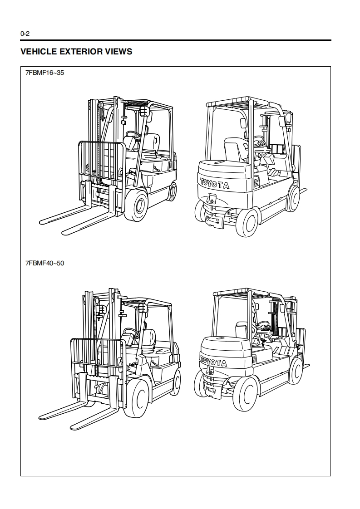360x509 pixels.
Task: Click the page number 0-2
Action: pos(25,34)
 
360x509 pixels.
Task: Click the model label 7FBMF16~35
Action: pos(45,72)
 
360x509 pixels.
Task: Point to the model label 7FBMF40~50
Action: pos(45,263)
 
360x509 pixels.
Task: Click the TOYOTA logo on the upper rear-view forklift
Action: pos(215,184)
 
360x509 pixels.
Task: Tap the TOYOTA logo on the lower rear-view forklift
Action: pos(214,361)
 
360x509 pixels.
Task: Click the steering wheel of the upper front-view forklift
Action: pos(133,134)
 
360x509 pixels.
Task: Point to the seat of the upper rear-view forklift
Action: pos(235,150)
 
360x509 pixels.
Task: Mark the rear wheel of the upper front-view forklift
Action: pos(172,191)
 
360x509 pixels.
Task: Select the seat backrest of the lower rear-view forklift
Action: pos(242,331)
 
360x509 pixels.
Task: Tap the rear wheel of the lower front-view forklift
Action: pos(176,382)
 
